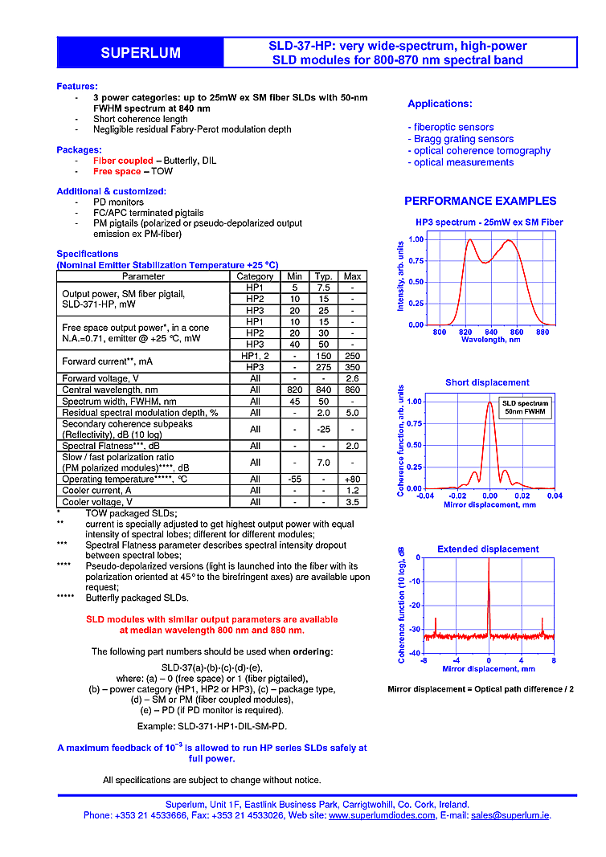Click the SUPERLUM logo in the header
click(140, 53)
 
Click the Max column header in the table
click(352, 276)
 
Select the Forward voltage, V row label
click(100, 378)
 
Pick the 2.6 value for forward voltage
click(352, 378)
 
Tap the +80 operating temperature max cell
click(352, 479)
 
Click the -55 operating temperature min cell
click(295, 479)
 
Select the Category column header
click(255, 276)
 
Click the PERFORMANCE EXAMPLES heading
click(480, 201)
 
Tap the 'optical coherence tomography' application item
click(480, 150)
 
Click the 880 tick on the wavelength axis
click(543, 332)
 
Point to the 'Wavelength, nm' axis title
click(490, 340)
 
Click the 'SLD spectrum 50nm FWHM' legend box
click(526, 407)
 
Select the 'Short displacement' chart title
click(487, 382)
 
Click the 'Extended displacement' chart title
click(488, 549)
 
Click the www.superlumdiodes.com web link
click(383, 814)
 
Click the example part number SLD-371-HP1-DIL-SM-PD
click(212, 725)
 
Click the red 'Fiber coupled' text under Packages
click(123, 161)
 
